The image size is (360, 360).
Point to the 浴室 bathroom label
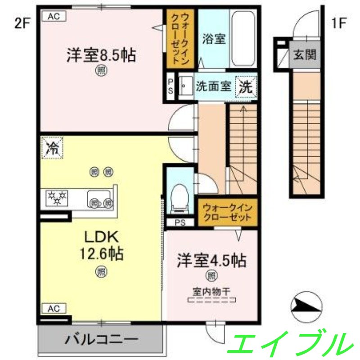tap(213, 39)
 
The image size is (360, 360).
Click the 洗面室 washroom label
tap(213, 86)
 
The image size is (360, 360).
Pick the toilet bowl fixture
tap(180, 197)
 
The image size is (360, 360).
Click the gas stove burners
tap(57, 198)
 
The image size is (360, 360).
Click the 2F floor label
tap(22, 23)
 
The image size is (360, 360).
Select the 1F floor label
tap(338, 23)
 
